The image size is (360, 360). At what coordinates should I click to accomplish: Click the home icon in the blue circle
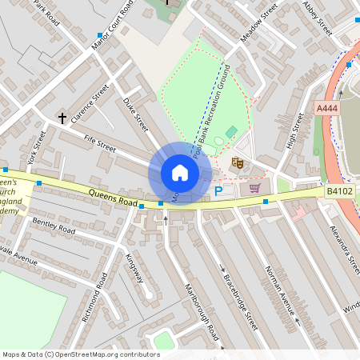point(180,173)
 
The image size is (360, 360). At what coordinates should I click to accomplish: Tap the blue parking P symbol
point(218,191)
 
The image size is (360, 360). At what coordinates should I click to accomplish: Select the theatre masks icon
point(237,162)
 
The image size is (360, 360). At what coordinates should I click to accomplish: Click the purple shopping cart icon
point(254,188)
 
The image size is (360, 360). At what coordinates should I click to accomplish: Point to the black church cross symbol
point(62,118)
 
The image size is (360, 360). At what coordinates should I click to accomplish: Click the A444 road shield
point(326,108)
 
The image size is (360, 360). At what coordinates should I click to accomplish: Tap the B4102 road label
point(338,192)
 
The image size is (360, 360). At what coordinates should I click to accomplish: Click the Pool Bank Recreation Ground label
point(214,108)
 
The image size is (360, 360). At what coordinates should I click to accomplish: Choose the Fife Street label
point(100,145)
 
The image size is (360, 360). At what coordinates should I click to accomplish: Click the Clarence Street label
point(90,105)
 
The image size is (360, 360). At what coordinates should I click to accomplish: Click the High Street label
point(295,131)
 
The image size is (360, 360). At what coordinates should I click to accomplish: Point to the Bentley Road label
point(54,225)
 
